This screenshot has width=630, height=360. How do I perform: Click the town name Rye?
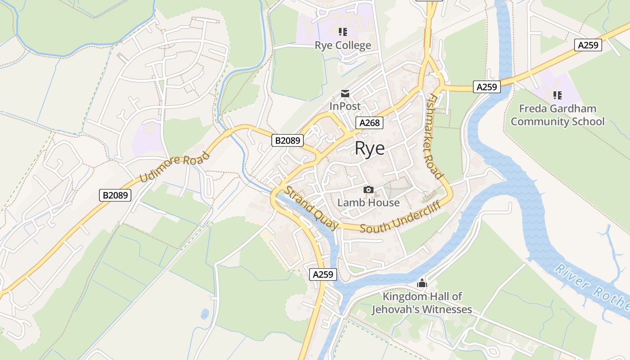pyautogui.click(x=370, y=148)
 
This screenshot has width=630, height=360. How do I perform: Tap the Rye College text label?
pyautogui.click(x=343, y=45)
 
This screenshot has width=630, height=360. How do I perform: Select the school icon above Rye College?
pyautogui.click(x=343, y=31)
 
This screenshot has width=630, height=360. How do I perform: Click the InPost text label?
pyautogui.click(x=345, y=106)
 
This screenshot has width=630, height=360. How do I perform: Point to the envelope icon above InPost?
pyautogui.click(x=345, y=94)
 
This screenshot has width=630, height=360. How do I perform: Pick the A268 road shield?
pyautogui.click(x=369, y=123)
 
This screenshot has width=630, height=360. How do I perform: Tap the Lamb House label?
pyautogui.click(x=369, y=202)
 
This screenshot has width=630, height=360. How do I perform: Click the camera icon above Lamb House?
pyautogui.click(x=369, y=190)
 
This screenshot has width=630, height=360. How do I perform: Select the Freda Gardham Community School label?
pyautogui.click(x=558, y=115)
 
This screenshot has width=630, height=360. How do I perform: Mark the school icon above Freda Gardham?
pyautogui.click(x=558, y=95)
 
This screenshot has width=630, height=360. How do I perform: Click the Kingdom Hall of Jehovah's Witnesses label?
pyautogui.click(x=422, y=303)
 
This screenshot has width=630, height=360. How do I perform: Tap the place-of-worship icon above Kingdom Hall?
pyautogui.click(x=422, y=283)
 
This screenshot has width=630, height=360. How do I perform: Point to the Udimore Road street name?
pyautogui.click(x=175, y=167)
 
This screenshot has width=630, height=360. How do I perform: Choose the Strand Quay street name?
pyautogui.click(x=312, y=208)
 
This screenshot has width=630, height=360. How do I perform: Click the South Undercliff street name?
pyautogui.click(x=399, y=220)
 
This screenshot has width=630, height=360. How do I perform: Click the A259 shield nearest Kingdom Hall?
pyautogui.click(x=324, y=274)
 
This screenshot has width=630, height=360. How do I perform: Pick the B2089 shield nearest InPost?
pyautogui.click(x=288, y=141)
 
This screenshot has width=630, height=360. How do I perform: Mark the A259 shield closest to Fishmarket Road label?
pyautogui.click(x=487, y=87)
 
